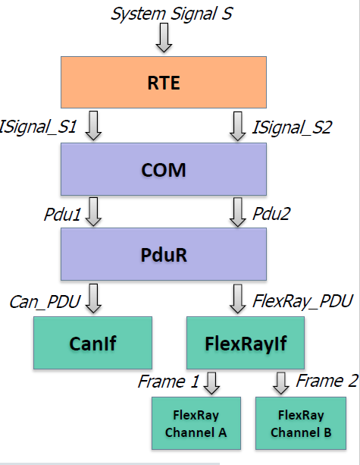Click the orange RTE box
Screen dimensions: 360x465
(164, 82)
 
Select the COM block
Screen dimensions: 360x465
(164, 169)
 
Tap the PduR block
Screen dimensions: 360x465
(164, 254)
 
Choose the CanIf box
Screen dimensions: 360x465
(92, 343)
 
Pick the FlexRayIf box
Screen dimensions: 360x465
(246, 343)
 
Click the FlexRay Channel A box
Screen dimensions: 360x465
(196, 423)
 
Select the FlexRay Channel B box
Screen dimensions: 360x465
(301, 423)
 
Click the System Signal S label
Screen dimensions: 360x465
(171, 14)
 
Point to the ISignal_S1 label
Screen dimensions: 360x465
(38, 127)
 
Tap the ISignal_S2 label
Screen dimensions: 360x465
(292, 127)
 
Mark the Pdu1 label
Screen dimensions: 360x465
(62, 214)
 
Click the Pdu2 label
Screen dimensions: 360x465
(271, 213)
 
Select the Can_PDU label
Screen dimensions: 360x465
(45, 302)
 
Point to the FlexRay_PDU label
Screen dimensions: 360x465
(302, 301)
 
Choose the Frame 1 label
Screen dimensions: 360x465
(168, 381)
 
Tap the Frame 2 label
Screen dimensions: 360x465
(327, 381)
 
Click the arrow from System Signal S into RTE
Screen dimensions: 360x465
(164, 38)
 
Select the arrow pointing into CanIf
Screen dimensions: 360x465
(93, 298)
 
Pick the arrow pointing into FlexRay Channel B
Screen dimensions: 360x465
(281, 383)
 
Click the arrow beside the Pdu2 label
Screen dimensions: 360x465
(238, 212)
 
